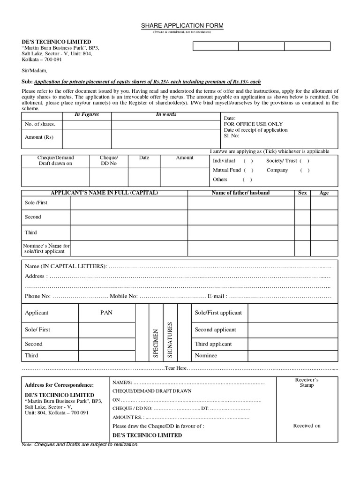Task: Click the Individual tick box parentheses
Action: (248, 161)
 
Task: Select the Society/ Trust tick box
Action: (304, 161)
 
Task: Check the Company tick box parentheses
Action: (305, 170)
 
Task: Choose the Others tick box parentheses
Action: (247, 180)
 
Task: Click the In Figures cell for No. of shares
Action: (87, 124)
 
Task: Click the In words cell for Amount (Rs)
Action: (165, 138)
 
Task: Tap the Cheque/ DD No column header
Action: (109, 161)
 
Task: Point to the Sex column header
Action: (302, 193)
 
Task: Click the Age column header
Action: (324, 193)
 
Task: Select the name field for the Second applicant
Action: (129, 217)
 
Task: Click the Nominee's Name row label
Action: (46, 248)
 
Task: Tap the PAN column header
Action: (106, 313)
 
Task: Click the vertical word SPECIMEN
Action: (156, 344)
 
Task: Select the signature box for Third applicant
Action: (292, 344)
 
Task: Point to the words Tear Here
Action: (176, 368)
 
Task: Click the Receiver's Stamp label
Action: (307, 382)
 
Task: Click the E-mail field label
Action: (217, 296)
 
